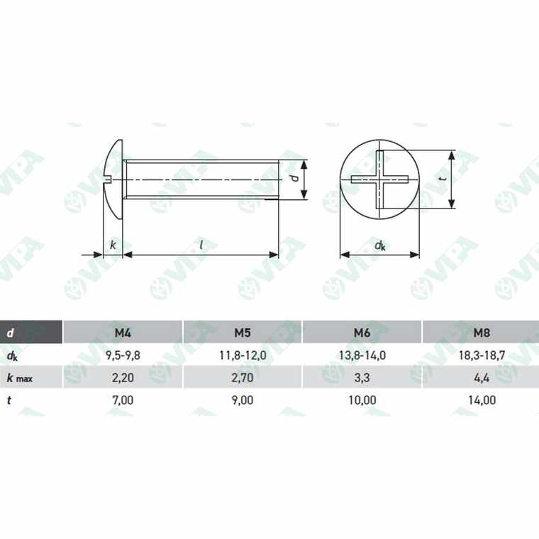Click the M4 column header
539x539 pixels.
tap(122, 332)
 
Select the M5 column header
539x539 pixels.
tap(242, 332)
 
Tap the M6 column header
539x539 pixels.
tap(362, 332)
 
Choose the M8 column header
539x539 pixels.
tap(482, 332)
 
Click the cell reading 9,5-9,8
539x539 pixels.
tap(122, 355)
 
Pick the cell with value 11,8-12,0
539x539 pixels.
tap(242, 355)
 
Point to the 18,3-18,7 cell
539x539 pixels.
tap(482, 355)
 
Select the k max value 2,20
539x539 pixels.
tap(122, 377)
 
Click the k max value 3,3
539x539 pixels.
tap(362, 377)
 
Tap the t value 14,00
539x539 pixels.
tap(482, 400)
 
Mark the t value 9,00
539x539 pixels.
tap(242, 400)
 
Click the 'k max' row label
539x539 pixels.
tap(20, 377)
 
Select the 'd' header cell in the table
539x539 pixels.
tap(10, 332)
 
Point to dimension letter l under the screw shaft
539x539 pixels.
tap(201, 245)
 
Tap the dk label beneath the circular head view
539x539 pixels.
tap(380, 245)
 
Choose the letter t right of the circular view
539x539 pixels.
tap(443, 179)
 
